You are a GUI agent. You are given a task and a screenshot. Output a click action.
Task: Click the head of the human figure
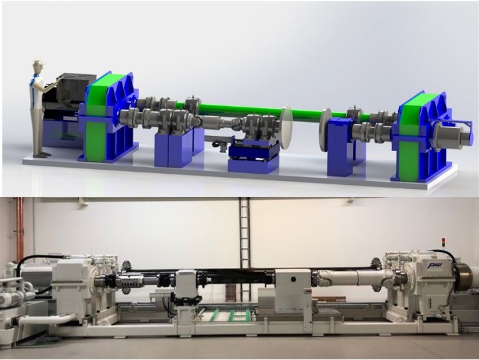38,67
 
